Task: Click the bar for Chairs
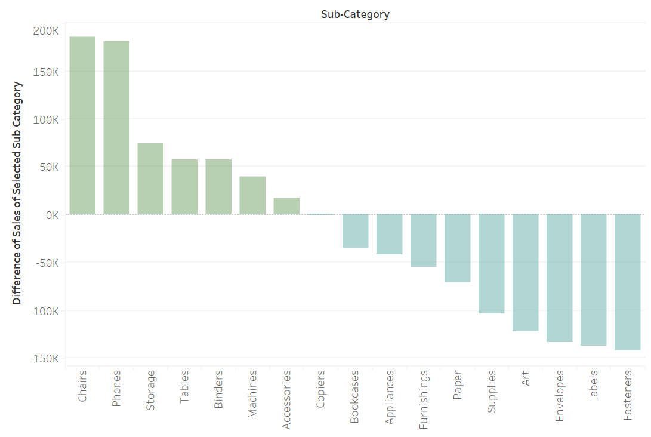(82, 125)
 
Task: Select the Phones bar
(116, 128)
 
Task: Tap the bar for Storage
(150, 179)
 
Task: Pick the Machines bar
(252, 195)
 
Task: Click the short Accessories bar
(286, 206)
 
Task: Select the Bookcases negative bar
(355, 231)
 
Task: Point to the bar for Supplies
(491, 264)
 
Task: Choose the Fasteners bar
(627, 282)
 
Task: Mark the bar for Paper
(457, 248)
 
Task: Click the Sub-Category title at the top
(355, 14)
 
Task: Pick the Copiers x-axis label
(321, 389)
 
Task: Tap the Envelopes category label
(559, 396)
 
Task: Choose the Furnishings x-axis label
(423, 399)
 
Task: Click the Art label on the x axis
(525, 379)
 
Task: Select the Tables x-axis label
(184, 386)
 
